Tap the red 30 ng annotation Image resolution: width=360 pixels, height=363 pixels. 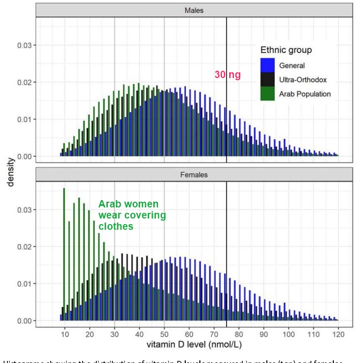point(227,75)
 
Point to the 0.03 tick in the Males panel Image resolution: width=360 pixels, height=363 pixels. point(24,46)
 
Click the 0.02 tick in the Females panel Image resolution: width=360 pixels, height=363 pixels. point(24,247)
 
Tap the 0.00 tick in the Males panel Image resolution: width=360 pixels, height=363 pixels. point(24,157)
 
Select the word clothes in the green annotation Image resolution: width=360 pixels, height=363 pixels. point(116,227)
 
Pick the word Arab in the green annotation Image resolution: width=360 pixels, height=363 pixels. point(110,204)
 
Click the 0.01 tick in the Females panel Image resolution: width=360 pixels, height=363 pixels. point(24,284)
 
